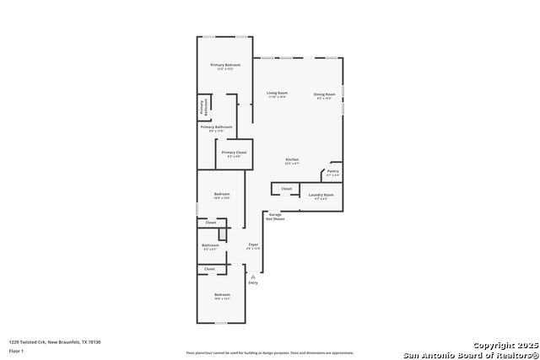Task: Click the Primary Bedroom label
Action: pyautogui.click(x=225, y=65)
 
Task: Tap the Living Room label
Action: pyautogui.click(x=278, y=93)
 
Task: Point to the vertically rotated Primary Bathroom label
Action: pyautogui.click(x=202, y=107)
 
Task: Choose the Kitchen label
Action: pyautogui.click(x=292, y=160)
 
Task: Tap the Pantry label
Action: pyautogui.click(x=332, y=171)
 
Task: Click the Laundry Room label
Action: pyautogui.click(x=321, y=195)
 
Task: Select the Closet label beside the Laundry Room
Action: pyautogui.click(x=287, y=189)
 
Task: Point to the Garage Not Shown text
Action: pyautogui.click(x=276, y=217)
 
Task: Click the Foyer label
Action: pyautogui.click(x=253, y=244)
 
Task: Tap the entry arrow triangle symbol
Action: pyautogui.click(x=252, y=276)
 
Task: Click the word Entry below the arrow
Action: pyautogui.click(x=253, y=282)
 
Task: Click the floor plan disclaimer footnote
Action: pyautogui.click(x=270, y=353)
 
